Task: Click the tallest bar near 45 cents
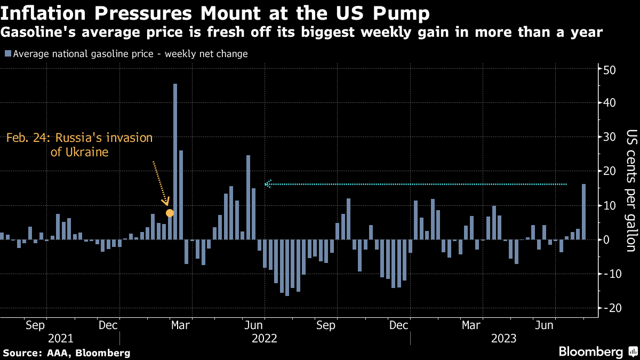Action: [x=175, y=162]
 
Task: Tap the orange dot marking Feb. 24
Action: [x=170, y=213]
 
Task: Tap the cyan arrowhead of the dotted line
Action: [x=268, y=184]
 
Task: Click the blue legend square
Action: [x=8, y=53]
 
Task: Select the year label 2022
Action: [x=265, y=339]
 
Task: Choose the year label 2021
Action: [x=61, y=339]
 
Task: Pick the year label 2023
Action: [x=503, y=339]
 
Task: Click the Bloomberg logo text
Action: [x=590, y=351]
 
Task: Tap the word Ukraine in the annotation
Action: [x=87, y=152]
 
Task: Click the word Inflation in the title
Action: [x=43, y=13]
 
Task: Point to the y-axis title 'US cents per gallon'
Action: [x=631, y=190]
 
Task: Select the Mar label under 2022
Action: [x=180, y=325]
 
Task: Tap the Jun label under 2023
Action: [x=544, y=325]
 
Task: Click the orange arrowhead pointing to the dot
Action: [x=166, y=202]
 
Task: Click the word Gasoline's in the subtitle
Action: [x=38, y=32]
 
